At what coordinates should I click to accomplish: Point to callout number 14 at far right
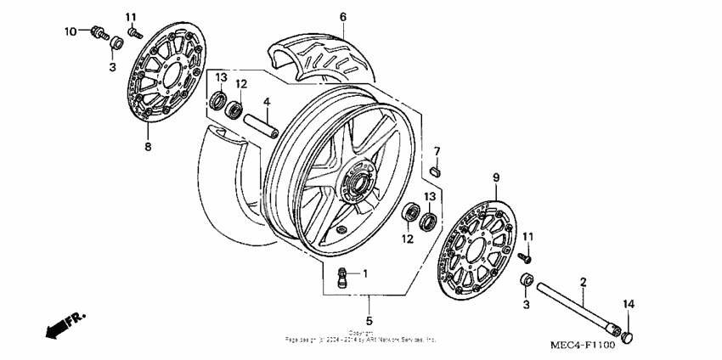629,304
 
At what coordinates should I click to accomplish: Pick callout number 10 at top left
71,31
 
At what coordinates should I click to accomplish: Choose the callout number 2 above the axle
584,281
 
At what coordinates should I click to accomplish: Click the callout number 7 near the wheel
437,151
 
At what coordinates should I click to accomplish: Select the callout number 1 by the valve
366,273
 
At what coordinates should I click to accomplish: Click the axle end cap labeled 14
629,338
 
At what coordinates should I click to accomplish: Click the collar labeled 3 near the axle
527,280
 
